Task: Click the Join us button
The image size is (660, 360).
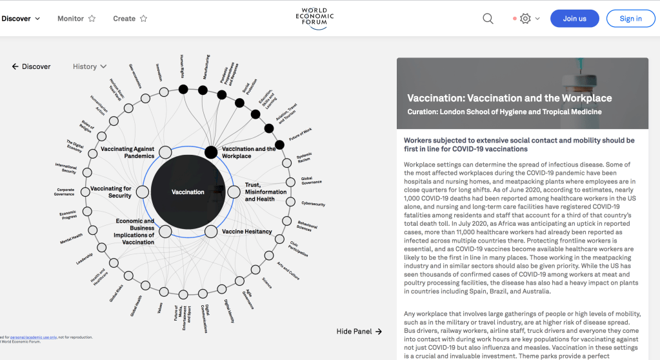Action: click(574, 19)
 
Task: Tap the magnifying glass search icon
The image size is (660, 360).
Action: click(488, 19)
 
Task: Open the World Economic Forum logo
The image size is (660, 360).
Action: click(315, 19)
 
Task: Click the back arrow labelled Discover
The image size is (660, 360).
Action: click(31, 66)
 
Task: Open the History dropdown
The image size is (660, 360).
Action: click(90, 66)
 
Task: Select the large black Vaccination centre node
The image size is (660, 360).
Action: click(188, 192)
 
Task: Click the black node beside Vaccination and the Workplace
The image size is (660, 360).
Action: click(211, 152)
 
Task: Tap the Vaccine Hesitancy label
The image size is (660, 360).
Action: click(247, 231)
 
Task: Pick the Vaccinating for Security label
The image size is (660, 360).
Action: click(111, 192)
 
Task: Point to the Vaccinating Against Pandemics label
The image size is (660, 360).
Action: click(127, 152)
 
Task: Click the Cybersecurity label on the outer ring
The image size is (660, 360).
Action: click(313, 204)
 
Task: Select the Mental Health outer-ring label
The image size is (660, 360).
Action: click(72, 238)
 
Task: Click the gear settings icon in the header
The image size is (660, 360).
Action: click(525, 19)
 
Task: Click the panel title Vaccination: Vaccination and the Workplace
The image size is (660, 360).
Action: click(510, 98)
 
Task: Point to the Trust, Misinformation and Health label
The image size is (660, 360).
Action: click(265, 192)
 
